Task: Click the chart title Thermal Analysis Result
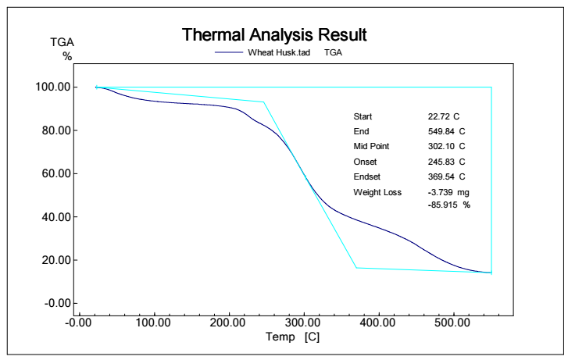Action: point(274,35)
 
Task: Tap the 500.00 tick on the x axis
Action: point(453,321)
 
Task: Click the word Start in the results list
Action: point(363,116)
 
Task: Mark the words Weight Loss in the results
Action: point(377,192)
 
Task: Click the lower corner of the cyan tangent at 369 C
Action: point(356,268)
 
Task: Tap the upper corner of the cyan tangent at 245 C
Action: point(264,102)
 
